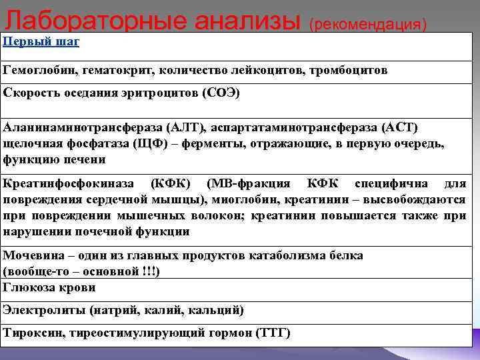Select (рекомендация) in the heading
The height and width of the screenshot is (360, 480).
click(367, 24)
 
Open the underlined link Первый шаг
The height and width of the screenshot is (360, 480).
click(41, 42)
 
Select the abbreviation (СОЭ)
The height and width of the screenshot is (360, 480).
click(220, 93)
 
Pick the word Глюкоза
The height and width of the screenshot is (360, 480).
click(29, 288)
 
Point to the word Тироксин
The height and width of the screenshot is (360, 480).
click(30, 333)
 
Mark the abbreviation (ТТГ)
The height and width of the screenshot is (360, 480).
click(273, 333)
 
